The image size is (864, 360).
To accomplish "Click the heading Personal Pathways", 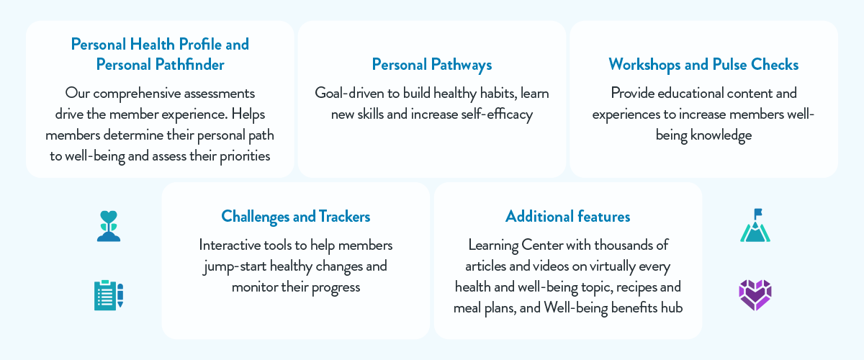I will [432, 65].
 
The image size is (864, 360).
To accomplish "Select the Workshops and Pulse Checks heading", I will [703, 65].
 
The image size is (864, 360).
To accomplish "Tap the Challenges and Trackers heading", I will [296, 216].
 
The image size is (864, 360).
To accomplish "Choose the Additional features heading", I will [568, 216].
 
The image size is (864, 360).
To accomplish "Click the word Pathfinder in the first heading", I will [190, 65].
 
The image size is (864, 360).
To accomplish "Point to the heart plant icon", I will [109, 225].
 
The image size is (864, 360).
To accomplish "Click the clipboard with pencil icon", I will [109, 295].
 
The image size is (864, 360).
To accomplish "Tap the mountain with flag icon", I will [755, 225].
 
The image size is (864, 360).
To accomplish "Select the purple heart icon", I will [755, 295].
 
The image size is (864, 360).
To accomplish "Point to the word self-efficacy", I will [492, 114].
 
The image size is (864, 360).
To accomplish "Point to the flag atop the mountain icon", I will [757, 213].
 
